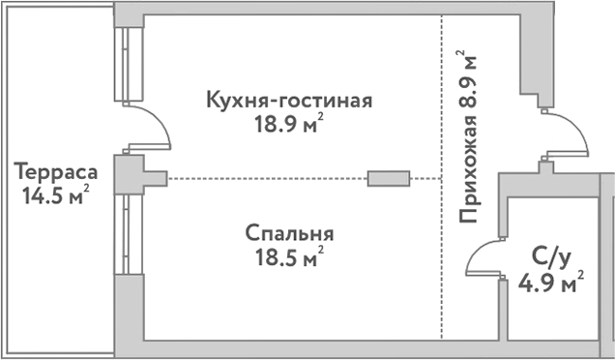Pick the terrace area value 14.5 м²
tap(56, 195)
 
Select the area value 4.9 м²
tap(551, 283)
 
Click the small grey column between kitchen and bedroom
tap(388, 178)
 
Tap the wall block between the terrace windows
tap(129, 175)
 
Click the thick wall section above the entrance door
tap(535, 58)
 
